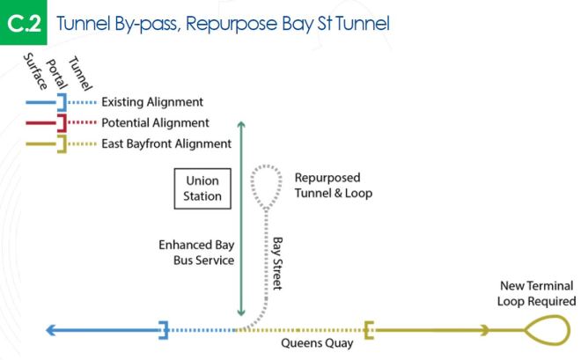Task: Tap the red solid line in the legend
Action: [x=40, y=122]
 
